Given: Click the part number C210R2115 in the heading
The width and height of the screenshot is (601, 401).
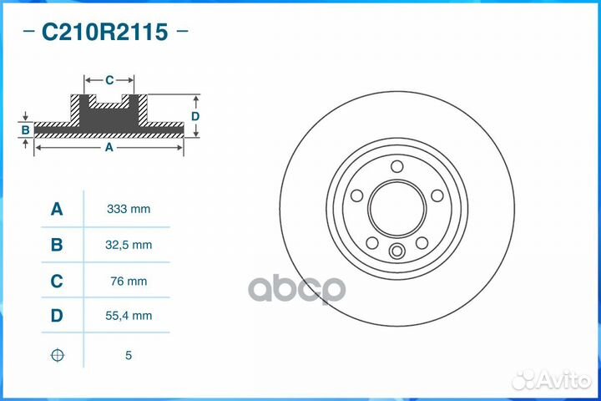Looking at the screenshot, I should (x=105, y=33).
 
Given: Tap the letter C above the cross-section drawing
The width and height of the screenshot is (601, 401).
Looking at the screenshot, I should (x=109, y=80).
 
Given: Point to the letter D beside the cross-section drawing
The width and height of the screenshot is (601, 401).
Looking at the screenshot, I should (x=194, y=116).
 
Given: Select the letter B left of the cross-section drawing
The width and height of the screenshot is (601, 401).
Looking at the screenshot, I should (x=26, y=129).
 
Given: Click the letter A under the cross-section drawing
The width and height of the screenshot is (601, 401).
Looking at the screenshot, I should (x=109, y=147).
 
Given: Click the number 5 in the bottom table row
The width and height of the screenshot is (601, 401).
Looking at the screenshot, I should (x=128, y=355).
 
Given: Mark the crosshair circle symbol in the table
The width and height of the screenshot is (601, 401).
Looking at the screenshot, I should (x=57, y=355).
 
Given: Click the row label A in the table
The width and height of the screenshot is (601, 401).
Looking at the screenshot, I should (x=57, y=209).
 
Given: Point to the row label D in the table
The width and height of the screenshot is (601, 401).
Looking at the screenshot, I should (x=57, y=316).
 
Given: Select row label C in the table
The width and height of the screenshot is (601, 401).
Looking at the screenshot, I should (x=57, y=282).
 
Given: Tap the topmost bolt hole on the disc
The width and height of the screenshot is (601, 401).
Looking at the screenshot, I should (x=397, y=165).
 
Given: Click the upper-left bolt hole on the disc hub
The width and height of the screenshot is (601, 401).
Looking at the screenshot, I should (x=357, y=195).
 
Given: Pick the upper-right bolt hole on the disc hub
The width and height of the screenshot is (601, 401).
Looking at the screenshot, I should (x=437, y=195).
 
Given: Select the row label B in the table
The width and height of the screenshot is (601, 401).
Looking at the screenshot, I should (x=57, y=245).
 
